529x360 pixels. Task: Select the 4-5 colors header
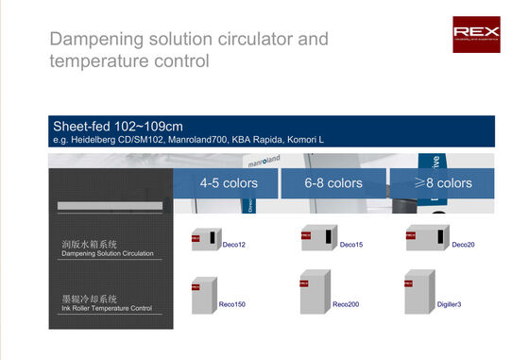(x=226, y=182)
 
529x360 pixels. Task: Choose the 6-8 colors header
(x=333, y=182)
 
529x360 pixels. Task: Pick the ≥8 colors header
(x=442, y=182)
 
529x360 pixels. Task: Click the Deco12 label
(x=234, y=245)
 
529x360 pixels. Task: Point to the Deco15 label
(x=351, y=245)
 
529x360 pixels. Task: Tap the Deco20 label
(x=463, y=245)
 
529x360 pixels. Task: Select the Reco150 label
(x=232, y=305)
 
